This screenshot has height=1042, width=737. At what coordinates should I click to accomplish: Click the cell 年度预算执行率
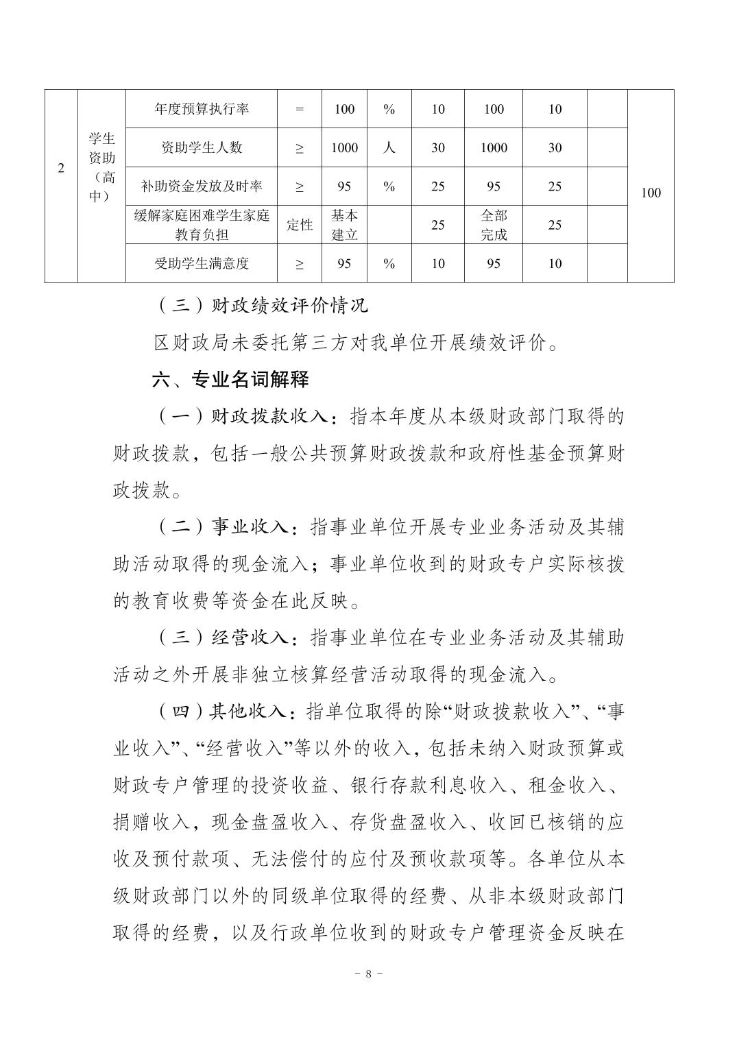pos(202,109)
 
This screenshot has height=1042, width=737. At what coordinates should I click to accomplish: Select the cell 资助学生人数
pos(202,147)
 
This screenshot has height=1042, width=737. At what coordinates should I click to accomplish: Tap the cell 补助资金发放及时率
pos(202,186)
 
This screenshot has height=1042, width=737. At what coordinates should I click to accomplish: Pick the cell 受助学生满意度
pos(202,263)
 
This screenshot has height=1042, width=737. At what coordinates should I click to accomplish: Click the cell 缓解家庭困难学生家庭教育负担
pos(202,225)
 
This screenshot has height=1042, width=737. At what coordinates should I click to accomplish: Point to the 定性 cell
pos(300,225)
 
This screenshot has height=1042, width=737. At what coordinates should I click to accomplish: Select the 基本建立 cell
pos(345,225)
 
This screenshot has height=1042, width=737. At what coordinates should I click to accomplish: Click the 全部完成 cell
pos(494,225)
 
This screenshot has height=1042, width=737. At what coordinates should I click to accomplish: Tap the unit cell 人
pos(389,147)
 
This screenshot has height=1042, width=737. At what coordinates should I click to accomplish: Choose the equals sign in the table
pos(300,109)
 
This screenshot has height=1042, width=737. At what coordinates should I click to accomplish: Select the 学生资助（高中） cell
pos(101,167)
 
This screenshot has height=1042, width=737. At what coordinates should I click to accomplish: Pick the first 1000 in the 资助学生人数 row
pos(345,147)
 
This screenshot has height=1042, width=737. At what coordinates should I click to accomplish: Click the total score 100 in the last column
pos(651,193)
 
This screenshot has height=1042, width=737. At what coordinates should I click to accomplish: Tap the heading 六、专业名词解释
pos(230,379)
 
